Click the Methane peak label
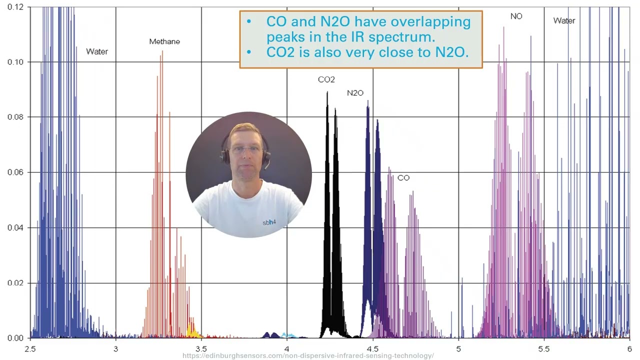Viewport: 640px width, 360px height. [x=164, y=41]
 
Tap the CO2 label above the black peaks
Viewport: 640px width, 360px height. [x=326, y=79]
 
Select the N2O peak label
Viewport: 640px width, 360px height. [x=355, y=93]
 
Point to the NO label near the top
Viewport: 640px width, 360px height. [x=516, y=16]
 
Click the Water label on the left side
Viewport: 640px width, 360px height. [x=97, y=51]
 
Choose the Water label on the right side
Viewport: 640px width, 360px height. [x=564, y=20]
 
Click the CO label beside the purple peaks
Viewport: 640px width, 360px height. [x=403, y=178]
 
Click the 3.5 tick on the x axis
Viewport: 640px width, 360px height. [x=201, y=348]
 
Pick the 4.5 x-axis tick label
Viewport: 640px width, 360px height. [x=372, y=348]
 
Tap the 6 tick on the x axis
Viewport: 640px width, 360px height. [x=629, y=348]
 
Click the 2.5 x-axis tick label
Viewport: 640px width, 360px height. [x=30, y=348]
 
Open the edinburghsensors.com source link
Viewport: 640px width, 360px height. [x=308, y=356]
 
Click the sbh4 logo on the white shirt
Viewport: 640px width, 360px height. [x=269, y=222]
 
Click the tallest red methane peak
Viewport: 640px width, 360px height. [x=161, y=55]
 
